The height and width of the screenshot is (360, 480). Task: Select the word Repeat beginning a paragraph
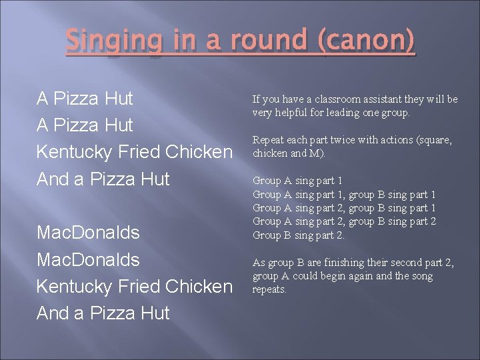point(267,140)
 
